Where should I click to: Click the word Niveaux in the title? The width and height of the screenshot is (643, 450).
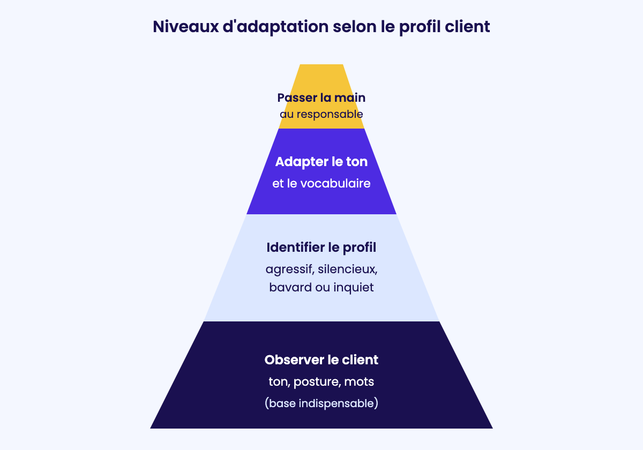tap(186, 27)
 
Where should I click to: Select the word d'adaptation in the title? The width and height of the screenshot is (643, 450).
tap(275, 27)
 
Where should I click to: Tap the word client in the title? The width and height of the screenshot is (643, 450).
tap(467, 26)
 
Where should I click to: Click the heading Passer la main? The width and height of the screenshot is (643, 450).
tap(321, 97)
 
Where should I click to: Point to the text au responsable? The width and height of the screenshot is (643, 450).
tap(321, 115)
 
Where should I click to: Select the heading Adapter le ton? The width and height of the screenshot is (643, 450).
tap(321, 162)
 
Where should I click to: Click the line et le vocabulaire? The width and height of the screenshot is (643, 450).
tap(321, 184)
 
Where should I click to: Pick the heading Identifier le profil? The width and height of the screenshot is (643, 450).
tap(321, 247)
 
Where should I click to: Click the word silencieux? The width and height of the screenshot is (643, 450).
tap(348, 269)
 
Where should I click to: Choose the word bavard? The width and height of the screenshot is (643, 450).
tap(290, 287)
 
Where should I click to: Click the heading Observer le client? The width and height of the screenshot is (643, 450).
tap(321, 360)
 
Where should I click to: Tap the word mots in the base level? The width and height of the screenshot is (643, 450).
tap(359, 382)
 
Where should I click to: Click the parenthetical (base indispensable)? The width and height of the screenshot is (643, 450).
tap(321, 403)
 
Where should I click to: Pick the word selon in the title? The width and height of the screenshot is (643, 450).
tap(355, 26)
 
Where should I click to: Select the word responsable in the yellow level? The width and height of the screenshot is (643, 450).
tap(330, 115)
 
